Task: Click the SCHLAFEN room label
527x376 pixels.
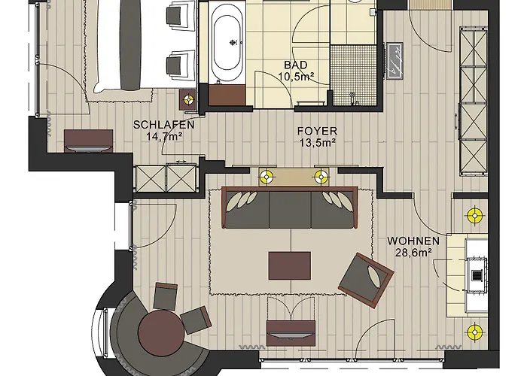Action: point(163,125)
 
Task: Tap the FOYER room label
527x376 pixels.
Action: point(317,131)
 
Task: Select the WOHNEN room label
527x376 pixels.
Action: point(413,241)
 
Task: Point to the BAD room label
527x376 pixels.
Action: point(295,65)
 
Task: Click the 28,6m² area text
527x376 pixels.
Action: point(413,253)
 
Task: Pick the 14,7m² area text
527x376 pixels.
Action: point(164,137)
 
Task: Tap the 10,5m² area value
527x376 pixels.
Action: point(296,77)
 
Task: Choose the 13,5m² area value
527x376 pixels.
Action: point(318,143)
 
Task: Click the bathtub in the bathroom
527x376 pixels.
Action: point(227,43)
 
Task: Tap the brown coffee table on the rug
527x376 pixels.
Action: point(289,266)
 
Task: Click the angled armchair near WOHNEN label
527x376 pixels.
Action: point(366,280)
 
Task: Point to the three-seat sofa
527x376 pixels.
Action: point(290,208)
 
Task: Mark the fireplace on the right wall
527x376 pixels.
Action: point(477,275)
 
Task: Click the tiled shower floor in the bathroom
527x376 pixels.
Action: point(353,74)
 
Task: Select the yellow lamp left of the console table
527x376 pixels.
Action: point(267,176)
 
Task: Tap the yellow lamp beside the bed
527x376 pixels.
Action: point(188,99)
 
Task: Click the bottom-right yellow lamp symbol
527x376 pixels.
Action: point(474,332)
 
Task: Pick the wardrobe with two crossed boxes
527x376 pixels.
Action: point(166,177)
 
